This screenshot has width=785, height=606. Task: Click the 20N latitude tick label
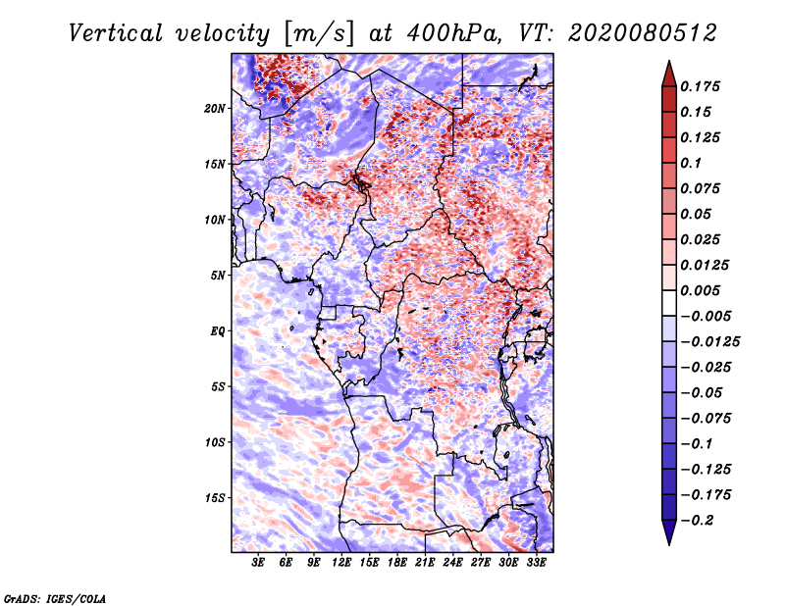215,109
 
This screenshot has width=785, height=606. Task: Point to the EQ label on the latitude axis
218,331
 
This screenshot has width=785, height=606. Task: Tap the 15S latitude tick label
215,498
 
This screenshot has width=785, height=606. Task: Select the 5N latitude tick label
218,276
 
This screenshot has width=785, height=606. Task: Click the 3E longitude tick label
258,563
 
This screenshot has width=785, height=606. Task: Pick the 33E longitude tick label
536,563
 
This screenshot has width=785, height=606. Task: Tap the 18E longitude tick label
397,563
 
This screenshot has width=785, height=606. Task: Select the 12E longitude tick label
341,563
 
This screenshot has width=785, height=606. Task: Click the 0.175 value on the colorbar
700,86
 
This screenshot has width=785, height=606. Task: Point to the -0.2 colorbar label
697,521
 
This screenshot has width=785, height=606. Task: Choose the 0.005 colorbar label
700,290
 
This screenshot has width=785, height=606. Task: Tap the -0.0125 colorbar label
709,342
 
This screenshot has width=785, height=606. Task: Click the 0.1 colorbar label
691,163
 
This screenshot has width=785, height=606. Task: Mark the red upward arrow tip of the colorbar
669,61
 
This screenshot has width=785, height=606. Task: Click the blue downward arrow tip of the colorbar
669,544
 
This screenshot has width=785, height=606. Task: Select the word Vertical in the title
116,33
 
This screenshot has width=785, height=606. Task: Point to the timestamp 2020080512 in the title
643,33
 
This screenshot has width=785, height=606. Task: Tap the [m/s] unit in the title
319,34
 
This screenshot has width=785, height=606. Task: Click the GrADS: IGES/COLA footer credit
55,598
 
